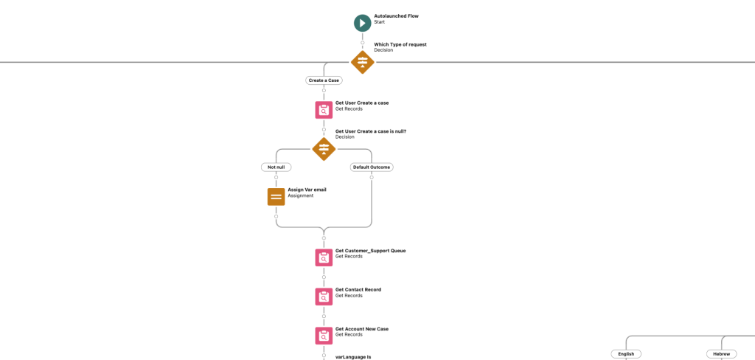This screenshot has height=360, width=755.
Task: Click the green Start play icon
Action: (x=362, y=24)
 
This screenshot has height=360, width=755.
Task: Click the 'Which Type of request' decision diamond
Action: (x=362, y=62)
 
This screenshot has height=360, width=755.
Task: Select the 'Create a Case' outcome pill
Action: (x=324, y=80)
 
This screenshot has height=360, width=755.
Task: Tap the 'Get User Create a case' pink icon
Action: (x=324, y=110)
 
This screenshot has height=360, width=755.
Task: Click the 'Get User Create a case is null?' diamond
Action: (x=324, y=149)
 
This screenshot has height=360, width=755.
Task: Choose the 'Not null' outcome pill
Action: (x=276, y=167)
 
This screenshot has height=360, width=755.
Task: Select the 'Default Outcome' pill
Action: (x=372, y=167)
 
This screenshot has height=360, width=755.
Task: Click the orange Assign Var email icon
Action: (x=276, y=197)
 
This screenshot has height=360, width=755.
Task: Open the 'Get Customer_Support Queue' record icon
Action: (x=324, y=257)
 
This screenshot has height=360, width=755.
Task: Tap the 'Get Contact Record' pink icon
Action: (x=324, y=297)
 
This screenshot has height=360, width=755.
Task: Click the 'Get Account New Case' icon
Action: (x=324, y=336)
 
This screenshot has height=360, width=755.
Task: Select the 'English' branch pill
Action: (x=626, y=354)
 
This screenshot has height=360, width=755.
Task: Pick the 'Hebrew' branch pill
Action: (x=721, y=354)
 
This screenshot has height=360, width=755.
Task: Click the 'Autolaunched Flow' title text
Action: (x=396, y=15)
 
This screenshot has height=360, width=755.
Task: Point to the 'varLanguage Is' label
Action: (x=353, y=356)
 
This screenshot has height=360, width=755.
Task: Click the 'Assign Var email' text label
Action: (x=307, y=190)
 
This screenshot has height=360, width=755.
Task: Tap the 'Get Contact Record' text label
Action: (x=358, y=290)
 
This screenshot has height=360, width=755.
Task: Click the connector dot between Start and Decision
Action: (x=362, y=42)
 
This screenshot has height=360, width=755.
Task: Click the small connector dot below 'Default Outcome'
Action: (x=372, y=177)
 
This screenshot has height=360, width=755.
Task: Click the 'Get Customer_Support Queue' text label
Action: (x=370, y=251)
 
